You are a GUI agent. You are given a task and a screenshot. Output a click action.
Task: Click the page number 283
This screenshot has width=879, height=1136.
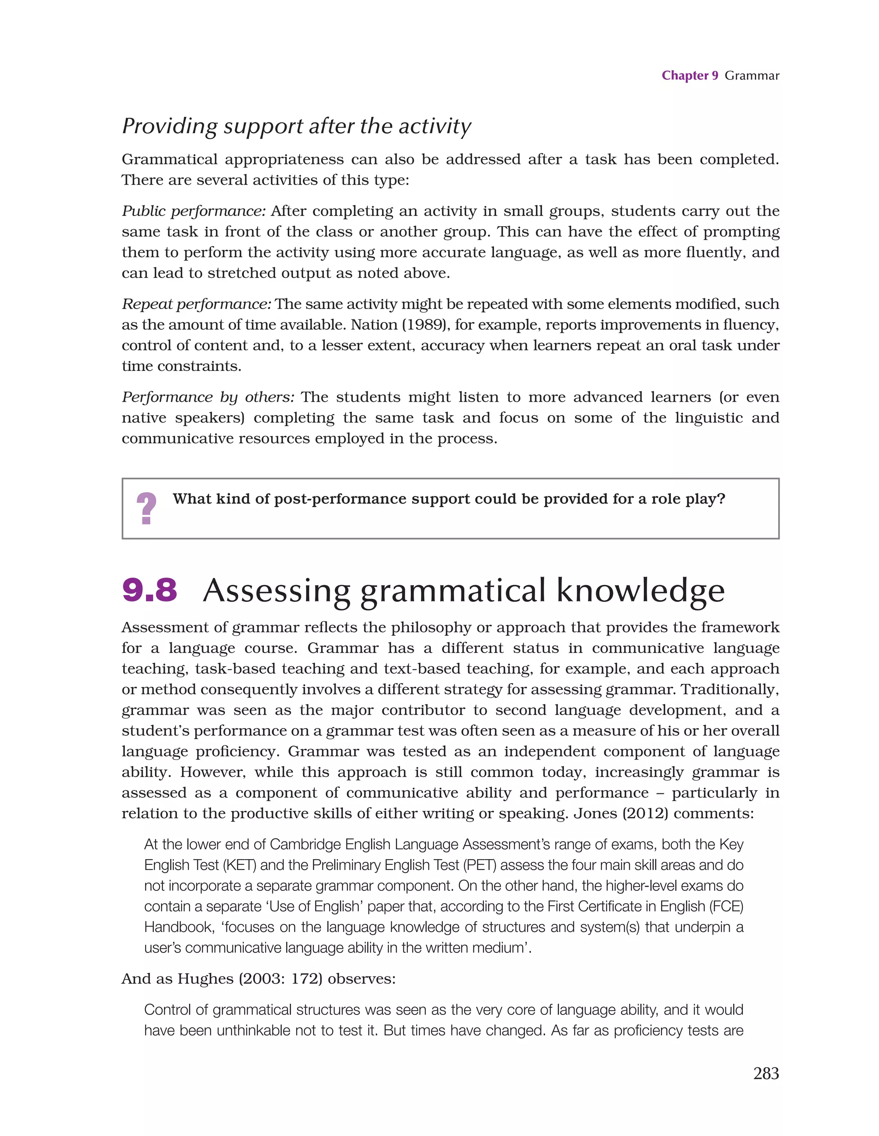[766, 1073]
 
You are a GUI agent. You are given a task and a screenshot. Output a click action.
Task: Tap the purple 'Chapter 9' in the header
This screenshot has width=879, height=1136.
[689, 76]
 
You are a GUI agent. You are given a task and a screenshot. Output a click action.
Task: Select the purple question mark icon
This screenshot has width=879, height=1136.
[146, 508]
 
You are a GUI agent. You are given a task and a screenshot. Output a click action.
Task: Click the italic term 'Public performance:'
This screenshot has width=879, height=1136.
[194, 211]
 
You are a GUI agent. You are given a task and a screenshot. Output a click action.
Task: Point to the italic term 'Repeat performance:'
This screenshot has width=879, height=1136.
[196, 304]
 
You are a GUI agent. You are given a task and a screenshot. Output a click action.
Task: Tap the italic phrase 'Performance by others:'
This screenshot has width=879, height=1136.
[208, 398]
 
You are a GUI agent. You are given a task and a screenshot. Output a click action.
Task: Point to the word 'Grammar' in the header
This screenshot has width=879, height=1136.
[752, 76]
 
